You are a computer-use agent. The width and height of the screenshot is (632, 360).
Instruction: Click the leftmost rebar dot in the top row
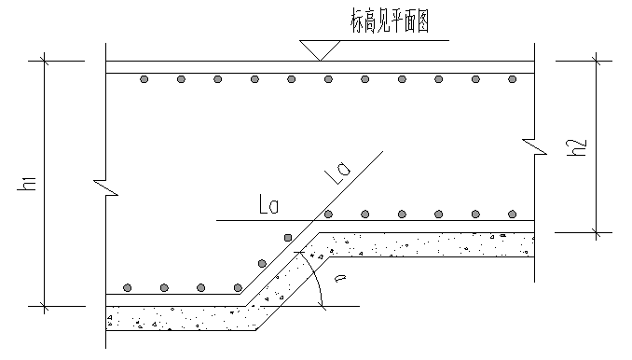[144, 80]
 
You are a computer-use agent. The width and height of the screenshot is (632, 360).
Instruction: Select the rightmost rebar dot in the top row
[512, 80]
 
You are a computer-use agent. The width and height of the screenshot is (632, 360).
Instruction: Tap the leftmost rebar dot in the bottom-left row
[129, 287]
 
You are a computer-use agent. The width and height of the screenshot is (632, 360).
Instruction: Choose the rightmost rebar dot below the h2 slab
[512, 214]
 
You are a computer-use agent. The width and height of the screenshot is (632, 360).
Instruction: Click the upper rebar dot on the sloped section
[288, 237]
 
